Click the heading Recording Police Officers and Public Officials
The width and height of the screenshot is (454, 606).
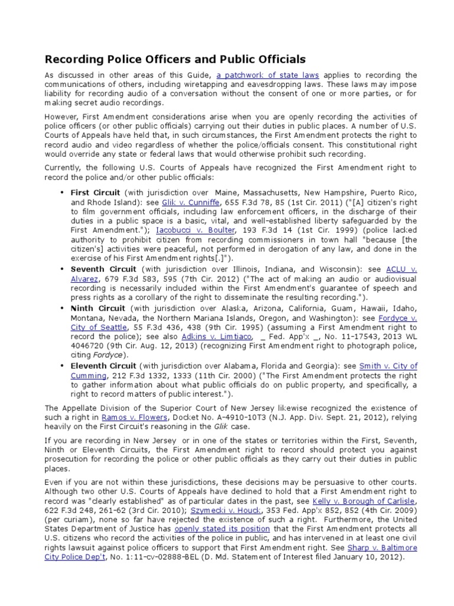click(x=176, y=59)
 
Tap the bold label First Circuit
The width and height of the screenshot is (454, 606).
click(x=95, y=194)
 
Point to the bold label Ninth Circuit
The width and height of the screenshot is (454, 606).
click(x=98, y=308)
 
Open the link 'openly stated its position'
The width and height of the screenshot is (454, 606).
click(x=214, y=528)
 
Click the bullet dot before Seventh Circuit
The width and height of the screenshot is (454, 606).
click(x=62, y=269)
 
